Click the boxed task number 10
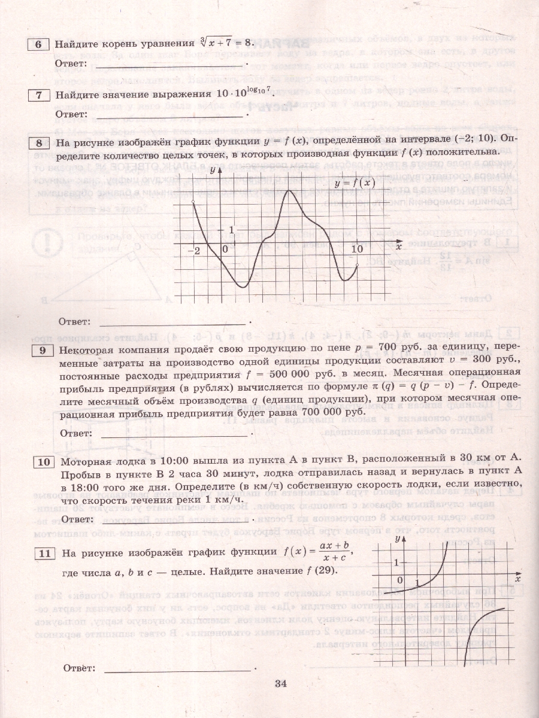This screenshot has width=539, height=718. [43, 462]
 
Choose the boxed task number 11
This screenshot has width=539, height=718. [43, 553]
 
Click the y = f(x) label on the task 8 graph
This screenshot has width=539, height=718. [355, 182]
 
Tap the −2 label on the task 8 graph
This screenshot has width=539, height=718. [196, 250]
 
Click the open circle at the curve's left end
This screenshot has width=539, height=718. [193, 203]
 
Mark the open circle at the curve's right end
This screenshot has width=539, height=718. [357, 265]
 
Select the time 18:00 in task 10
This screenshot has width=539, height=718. [78, 486]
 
